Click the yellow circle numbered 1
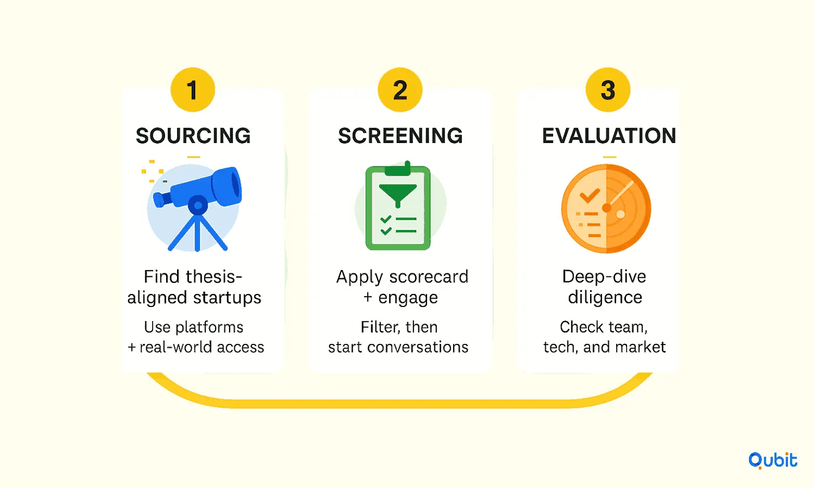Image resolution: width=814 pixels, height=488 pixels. (x=193, y=89)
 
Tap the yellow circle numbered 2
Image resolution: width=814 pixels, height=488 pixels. (x=400, y=89)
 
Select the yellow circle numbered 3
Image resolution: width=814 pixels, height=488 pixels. (x=608, y=89)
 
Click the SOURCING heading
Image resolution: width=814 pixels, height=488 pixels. (x=193, y=136)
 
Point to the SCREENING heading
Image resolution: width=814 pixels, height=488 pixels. (x=400, y=136)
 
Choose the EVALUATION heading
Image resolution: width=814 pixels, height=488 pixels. (x=609, y=136)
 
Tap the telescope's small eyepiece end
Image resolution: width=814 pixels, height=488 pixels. (x=160, y=199)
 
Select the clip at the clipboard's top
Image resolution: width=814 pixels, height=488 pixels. (x=398, y=169)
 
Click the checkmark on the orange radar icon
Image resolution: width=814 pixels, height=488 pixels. (x=590, y=196)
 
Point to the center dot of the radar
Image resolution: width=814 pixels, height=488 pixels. (x=607, y=208)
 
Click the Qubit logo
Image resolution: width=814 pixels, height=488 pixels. (x=772, y=460)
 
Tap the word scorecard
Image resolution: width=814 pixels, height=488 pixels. (x=429, y=277)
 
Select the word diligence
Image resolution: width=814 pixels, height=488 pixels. (x=605, y=298)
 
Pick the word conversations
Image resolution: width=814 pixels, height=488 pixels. (x=418, y=347)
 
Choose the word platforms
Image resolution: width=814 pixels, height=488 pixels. (x=209, y=328)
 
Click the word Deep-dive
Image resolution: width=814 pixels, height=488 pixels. (x=604, y=277)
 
